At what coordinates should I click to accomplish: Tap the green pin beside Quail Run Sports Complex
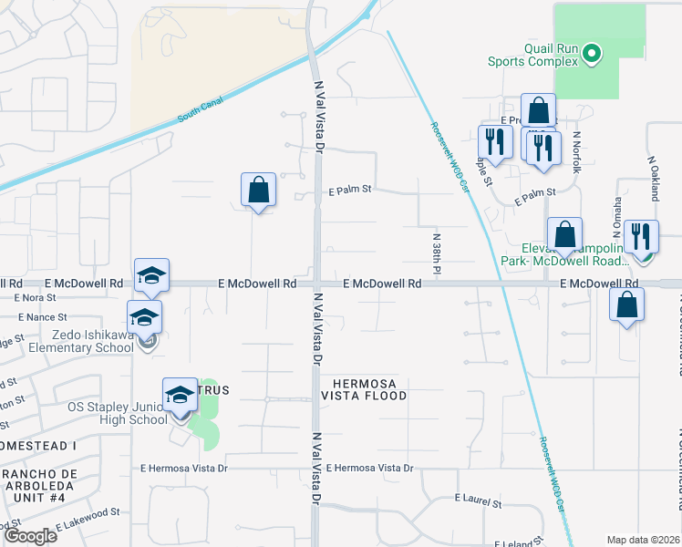tap(592, 55)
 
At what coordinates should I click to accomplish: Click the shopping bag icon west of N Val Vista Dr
tap(259, 191)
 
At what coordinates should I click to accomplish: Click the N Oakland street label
tap(653, 177)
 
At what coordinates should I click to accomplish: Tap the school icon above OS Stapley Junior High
tap(181, 396)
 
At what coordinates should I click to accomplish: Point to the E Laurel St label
tap(478, 501)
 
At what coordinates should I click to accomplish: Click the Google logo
tap(30, 535)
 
